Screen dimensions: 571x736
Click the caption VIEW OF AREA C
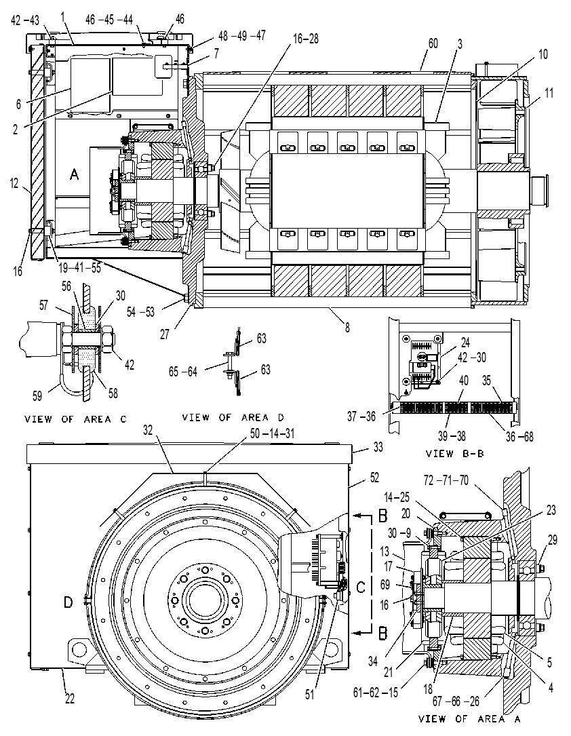[75, 419]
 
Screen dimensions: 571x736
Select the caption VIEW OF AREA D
[233, 417]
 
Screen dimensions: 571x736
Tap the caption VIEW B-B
[454, 453]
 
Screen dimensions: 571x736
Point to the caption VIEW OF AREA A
[469, 718]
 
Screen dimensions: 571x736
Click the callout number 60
[433, 43]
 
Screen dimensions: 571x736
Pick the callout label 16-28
[306, 39]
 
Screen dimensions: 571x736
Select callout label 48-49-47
[241, 36]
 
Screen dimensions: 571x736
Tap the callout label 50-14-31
[272, 433]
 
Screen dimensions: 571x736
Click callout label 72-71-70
[446, 480]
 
